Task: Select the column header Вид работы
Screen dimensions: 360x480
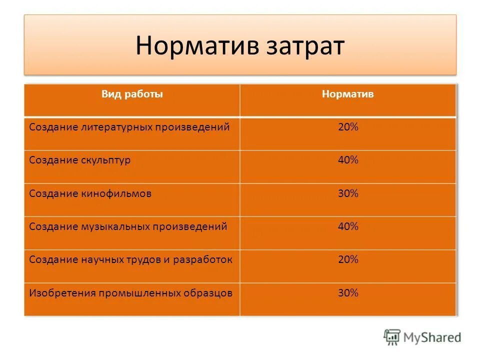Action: tap(132, 94)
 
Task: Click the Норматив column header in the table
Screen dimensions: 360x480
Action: tap(348, 94)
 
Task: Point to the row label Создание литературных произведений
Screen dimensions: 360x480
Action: tap(129, 127)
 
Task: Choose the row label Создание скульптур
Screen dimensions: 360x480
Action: tap(80, 160)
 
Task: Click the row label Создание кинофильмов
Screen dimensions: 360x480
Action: tap(90, 193)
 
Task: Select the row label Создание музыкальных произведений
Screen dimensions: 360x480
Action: tap(128, 226)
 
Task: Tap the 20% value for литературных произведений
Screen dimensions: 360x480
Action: tap(348, 127)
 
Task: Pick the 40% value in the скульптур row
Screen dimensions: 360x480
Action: tap(348, 160)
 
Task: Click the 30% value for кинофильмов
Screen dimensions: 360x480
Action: tap(348, 193)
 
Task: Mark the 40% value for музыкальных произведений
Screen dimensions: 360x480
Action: tap(348, 226)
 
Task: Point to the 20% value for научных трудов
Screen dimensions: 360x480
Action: tap(348, 259)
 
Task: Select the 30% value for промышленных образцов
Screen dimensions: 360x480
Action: tap(348, 293)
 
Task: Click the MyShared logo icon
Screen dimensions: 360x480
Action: tap(392, 337)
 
